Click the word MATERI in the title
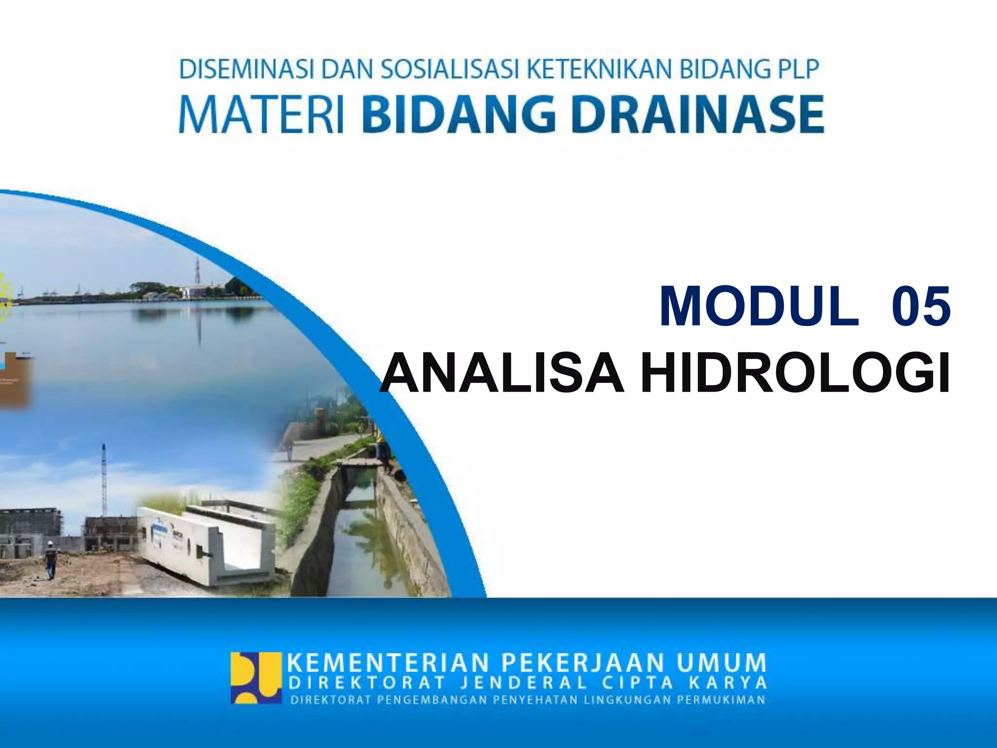click(261, 115)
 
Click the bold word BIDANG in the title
click(460, 115)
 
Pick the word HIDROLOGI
click(795, 373)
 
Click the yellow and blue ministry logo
click(257, 678)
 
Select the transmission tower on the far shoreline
click(198, 273)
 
